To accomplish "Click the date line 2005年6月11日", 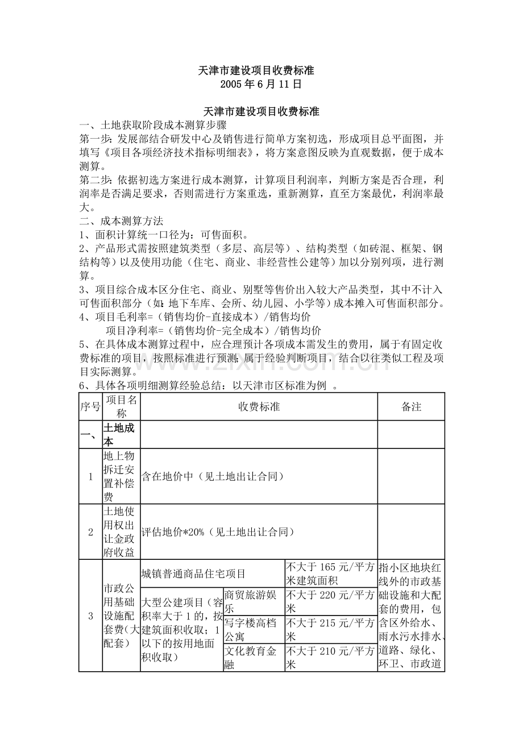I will click(261, 84).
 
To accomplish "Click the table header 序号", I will click(90, 407).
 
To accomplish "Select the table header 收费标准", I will click(259, 407).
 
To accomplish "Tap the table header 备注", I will click(411, 407).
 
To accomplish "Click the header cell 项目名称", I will click(121, 407).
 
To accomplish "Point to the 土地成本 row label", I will click(119, 434).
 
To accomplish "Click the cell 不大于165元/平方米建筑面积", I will click(330, 573).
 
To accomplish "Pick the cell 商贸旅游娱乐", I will click(253, 601).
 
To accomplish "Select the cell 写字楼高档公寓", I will click(253, 629).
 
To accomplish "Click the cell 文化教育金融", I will click(253, 657).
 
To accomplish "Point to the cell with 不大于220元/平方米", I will click(330, 601).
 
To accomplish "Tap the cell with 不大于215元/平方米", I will click(330, 629).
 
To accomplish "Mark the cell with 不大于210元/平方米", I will click(330, 657).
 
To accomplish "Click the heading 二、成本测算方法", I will click(121, 221).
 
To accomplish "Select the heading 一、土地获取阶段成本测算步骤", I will click(153, 125).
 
